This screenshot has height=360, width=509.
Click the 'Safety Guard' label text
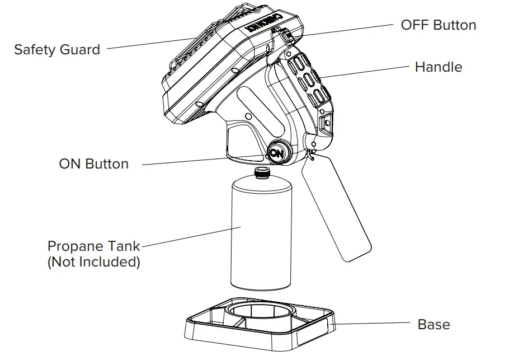[x=57, y=49]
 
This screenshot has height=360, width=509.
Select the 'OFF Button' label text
[x=439, y=25]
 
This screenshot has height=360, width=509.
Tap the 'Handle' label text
[x=439, y=67]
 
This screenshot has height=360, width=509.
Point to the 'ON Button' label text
[x=93, y=164]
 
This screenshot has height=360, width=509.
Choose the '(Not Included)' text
[x=93, y=261]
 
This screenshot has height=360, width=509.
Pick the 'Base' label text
[x=433, y=324]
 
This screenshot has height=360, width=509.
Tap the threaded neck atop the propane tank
[x=261, y=172]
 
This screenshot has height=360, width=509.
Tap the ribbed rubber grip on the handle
[x=307, y=78]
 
